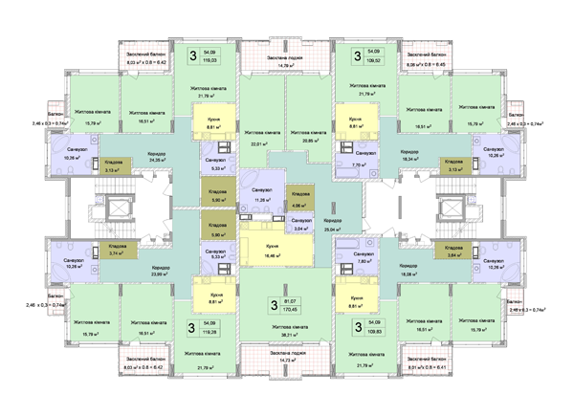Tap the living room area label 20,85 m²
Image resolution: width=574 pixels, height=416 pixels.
coord(312,142)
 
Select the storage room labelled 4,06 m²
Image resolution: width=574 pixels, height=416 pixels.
coord(298,205)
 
